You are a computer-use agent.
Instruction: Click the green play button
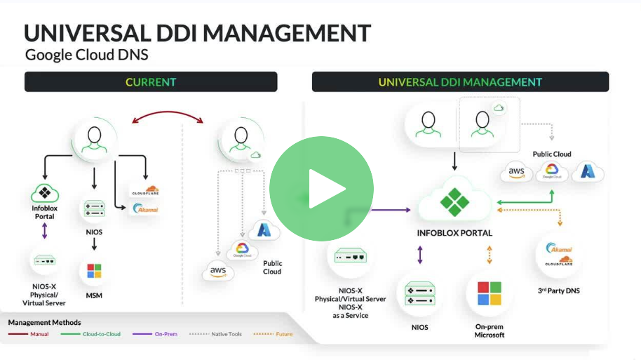click(x=321, y=187)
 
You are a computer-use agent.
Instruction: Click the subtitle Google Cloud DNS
click(x=86, y=55)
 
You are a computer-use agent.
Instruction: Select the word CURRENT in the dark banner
click(x=151, y=82)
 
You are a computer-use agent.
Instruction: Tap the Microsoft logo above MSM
click(x=94, y=271)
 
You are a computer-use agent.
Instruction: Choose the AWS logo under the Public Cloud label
click(x=517, y=172)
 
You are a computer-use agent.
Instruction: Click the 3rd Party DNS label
click(x=558, y=291)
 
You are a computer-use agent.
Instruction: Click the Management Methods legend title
click(x=44, y=322)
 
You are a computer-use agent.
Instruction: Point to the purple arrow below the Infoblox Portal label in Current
click(x=44, y=231)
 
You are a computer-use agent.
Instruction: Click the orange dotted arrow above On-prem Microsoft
click(x=489, y=255)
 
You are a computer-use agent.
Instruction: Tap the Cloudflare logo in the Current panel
click(x=145, y=190)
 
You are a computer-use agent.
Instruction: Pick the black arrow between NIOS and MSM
click(x=94, y=244)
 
